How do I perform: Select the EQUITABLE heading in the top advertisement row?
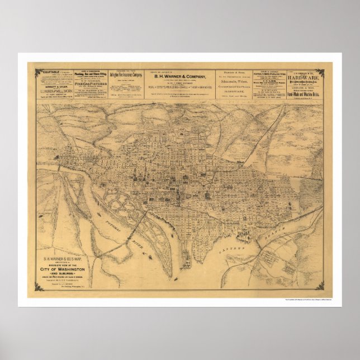coord(46,72)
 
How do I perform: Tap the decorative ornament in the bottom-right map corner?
coord(320,287)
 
